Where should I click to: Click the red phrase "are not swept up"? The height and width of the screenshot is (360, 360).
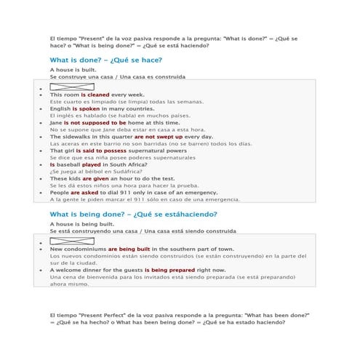tap(159, 137)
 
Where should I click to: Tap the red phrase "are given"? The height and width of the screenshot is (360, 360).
tap(95, 178)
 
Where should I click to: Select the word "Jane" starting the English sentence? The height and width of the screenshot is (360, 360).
tap(56, 123)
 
